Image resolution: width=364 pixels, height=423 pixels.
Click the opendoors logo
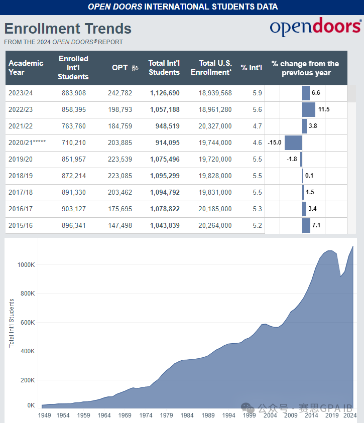tap(315, 28)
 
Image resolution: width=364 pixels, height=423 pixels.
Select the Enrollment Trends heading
tap(68, 29)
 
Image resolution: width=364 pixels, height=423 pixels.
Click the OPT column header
tap(120, 68)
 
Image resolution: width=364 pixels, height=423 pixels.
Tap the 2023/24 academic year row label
tap(21, 93)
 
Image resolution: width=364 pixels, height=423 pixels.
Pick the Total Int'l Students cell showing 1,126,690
tap(165, 93)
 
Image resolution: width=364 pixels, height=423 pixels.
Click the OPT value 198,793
tap(119, 109)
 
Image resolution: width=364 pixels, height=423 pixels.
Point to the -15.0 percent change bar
tap(293, 143)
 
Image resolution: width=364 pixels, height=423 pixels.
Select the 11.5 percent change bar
tap(309, 109)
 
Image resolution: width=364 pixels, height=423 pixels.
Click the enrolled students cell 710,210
tap(74, 143)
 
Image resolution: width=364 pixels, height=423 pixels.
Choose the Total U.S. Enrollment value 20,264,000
tap(215, 225)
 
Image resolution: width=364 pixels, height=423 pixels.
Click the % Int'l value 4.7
tap(257, 126)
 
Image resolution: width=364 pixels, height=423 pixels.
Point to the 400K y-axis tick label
tap(27, 351)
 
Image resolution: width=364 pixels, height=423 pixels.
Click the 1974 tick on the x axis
tap(146, 415)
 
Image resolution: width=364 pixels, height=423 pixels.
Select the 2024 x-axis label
tap(350, 415)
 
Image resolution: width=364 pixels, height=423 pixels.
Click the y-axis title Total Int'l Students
tap(12, 323)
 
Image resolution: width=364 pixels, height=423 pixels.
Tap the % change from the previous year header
tap(305, 68)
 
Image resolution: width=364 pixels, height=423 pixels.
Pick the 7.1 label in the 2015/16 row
tap(316, 225)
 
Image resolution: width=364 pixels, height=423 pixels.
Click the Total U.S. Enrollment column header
tap(211, 68)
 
